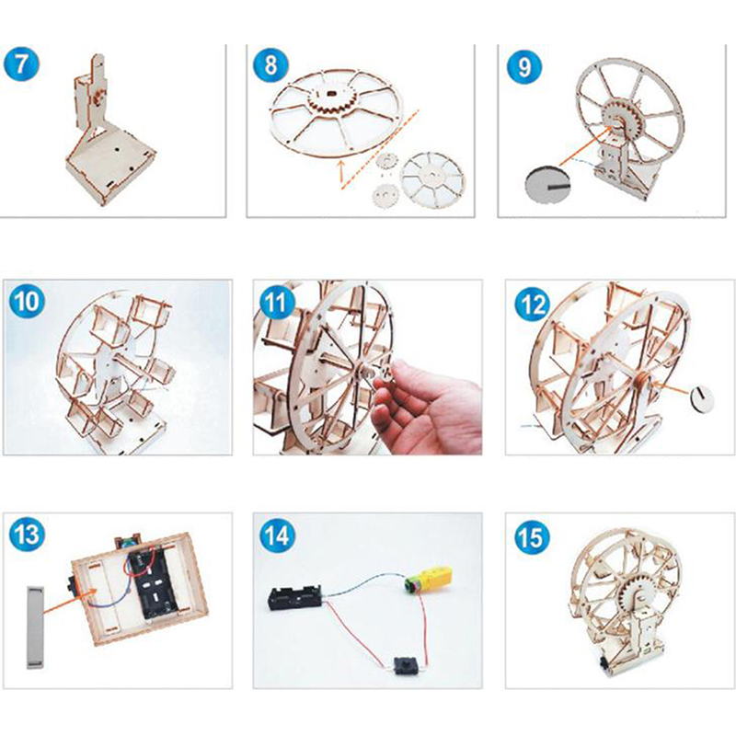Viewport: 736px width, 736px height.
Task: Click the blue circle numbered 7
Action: [21, 63]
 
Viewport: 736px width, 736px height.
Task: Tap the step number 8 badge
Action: [270, 64]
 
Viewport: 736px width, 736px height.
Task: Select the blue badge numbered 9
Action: [524, 66]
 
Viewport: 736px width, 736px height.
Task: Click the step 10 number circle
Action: [27, 301]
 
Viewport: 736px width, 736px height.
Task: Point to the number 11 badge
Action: [276, 302]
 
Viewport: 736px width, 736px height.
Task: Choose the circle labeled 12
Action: [533, 304]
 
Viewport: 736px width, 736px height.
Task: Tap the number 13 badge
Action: [27, 535]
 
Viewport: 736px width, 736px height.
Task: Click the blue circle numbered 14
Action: [277, 535]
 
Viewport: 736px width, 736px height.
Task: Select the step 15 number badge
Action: [532, 537]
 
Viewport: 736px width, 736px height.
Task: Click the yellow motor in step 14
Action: [429, 580]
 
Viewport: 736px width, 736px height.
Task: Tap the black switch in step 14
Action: [404, 665]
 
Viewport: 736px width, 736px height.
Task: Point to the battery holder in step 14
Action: [294, 596]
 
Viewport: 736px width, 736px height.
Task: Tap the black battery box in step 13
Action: [155, 582]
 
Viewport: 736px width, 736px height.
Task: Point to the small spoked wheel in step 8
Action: [432, 179]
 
